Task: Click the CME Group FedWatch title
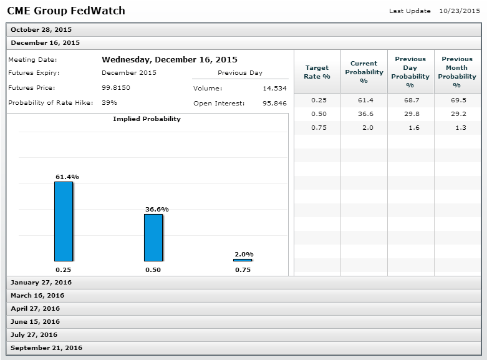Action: coord(65,11)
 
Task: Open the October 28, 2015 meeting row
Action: coord(41,29)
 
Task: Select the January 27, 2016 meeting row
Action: coord(41,282)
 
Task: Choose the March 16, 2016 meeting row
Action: coord(37,295)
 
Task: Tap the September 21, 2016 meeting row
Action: coord(46,348)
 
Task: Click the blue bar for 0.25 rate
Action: coord(64,221)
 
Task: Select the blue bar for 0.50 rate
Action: coord(153,237)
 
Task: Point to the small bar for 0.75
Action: coord(243,260)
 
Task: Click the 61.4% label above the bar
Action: coord(67,177)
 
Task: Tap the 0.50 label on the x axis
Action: coord(153,270)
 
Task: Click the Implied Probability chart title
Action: coord(147,119)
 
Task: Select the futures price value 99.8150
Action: coord(116,88)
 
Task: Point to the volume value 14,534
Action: coord(274,89)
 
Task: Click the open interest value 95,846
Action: coord(274,103)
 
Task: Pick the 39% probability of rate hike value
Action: coord(109,102)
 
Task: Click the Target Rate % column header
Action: coord(317,72)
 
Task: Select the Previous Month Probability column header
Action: coord(457,72)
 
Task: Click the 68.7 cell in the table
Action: coord(410,100)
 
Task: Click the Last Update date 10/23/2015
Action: coord(460,11)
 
